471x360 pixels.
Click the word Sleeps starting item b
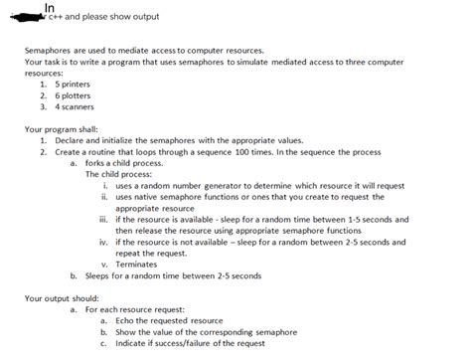(x=98, y=275)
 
